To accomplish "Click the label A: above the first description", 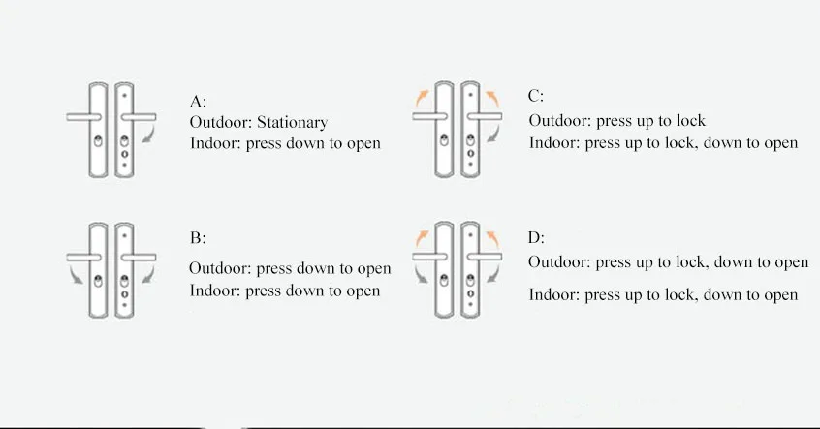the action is [x=198, y=101].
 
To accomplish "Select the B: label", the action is [x=198, y=238].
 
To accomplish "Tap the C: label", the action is [x=536, y=96].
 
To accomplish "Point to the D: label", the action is [x=536, y=236].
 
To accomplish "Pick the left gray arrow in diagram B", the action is [x=77, y=278].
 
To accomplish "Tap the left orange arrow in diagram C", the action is [x=422, y=96].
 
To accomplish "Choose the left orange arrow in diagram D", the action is [x=422, y=236].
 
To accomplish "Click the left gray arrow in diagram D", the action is [x=422, y=277].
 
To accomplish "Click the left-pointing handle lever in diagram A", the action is [x=84, y=116].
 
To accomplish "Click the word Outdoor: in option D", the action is [x=558, y=262].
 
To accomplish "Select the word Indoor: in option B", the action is [x=215, y=291].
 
